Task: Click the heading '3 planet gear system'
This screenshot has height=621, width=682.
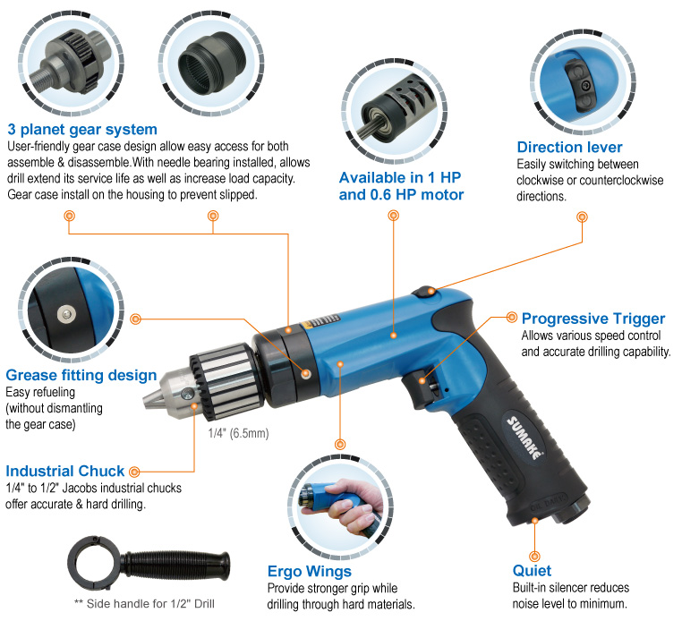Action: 81,129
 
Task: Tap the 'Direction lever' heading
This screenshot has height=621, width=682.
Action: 569,147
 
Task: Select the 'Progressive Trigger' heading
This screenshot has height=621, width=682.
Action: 593,319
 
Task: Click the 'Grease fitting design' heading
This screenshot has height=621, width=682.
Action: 81,375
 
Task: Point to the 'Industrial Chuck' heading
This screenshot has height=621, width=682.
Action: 65,471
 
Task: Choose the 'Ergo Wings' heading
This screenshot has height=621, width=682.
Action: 310,571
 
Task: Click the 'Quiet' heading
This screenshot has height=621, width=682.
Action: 532,570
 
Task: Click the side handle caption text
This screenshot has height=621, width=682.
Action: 146,604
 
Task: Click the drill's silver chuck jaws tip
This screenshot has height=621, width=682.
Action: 149,396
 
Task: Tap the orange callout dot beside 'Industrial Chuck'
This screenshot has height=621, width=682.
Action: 133,471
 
